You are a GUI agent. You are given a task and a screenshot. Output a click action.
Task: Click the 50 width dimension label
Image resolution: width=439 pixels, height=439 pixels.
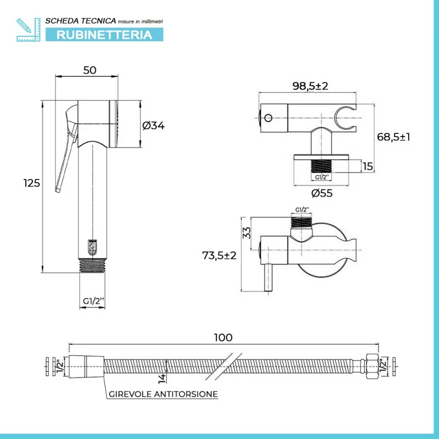89,70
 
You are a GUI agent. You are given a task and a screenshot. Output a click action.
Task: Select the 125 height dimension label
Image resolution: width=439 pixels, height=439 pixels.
32,183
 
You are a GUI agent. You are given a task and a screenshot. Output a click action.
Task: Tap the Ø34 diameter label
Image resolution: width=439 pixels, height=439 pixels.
154,126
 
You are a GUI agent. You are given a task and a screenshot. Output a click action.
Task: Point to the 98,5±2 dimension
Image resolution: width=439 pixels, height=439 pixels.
310,86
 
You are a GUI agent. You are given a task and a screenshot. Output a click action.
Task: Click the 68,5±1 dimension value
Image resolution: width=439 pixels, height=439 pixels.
393,137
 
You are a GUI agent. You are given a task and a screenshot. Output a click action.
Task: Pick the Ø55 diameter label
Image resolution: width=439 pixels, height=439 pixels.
322,193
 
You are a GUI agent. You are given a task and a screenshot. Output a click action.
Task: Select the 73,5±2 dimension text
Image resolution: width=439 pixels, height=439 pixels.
219,255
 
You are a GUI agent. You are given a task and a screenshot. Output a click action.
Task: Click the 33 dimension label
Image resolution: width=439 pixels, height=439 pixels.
246,233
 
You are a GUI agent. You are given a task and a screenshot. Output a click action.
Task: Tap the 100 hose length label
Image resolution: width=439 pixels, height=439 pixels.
223,337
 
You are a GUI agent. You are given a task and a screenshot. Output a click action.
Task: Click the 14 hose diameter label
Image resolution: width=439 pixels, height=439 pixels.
162,378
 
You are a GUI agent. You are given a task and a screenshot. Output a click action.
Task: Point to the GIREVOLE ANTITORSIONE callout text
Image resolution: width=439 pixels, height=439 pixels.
163,394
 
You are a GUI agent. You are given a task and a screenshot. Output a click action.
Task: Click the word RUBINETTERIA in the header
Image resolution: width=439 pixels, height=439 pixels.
104,35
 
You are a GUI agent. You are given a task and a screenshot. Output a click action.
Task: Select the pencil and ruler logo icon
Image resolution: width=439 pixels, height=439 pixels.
29,30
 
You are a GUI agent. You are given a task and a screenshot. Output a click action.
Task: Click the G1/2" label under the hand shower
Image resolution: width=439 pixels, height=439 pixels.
93,301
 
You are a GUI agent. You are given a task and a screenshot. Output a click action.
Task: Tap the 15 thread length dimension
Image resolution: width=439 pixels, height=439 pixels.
368,166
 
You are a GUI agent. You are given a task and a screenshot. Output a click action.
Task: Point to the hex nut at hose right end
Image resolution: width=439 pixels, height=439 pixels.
372,366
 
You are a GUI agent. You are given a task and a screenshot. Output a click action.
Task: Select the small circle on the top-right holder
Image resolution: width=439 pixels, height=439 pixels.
268,118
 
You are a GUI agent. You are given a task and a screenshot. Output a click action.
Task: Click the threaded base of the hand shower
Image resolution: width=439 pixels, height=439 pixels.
92,266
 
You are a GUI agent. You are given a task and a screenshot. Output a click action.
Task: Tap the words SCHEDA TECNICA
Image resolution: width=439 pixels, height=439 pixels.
81,21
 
